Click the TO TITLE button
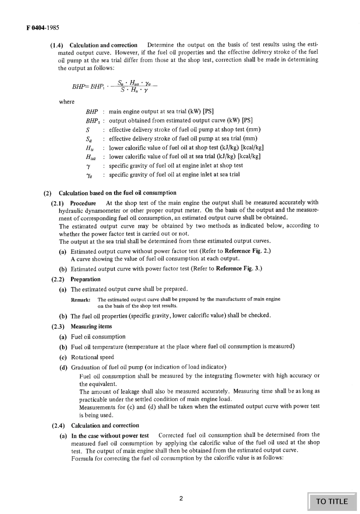332,501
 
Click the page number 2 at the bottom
181,498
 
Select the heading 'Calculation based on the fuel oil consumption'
117,193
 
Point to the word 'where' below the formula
67,102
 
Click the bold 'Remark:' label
81,299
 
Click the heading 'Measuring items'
91,326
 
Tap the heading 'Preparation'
85,279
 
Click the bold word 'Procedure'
83,203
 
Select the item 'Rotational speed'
92,357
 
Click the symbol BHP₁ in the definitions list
92,121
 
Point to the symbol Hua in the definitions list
91,157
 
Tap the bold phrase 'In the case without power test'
110,436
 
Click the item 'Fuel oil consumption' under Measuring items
98,337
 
